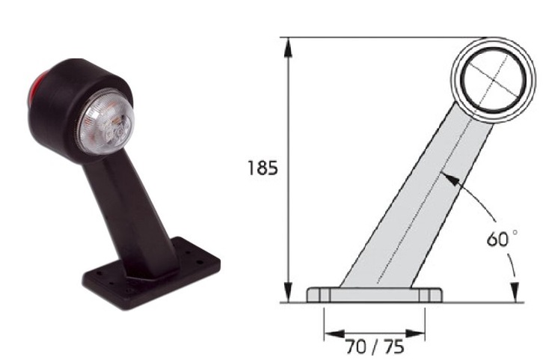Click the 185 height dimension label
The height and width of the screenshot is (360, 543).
[x=263, y=168]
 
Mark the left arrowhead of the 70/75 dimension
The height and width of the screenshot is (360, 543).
[x=330, y=333]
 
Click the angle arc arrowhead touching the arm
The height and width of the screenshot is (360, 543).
[x=447, y=177]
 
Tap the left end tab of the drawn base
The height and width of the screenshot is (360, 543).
[x=315, y=296]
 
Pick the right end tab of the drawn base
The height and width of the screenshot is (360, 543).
[x=434, y=296]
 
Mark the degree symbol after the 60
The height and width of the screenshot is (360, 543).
[x=512, y=234]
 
